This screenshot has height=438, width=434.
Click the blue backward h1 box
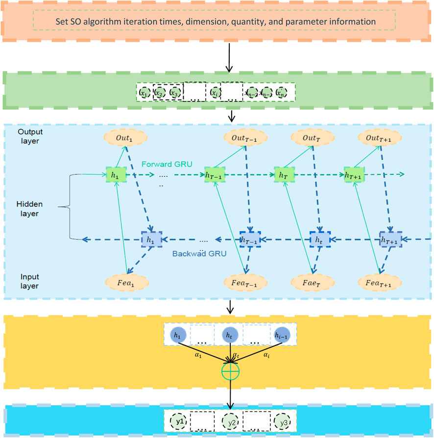coord(152,240)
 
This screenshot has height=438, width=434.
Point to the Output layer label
coord(30,137)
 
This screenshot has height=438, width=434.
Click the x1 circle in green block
coord(143,92)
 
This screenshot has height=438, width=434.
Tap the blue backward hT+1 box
coord(390,240)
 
